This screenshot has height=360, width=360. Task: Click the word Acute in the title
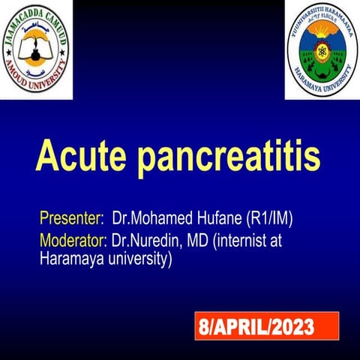[x=80, y=155]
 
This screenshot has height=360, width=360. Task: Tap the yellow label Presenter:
[x=71, y=220]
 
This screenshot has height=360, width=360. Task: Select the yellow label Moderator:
[x=72, y=241]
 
